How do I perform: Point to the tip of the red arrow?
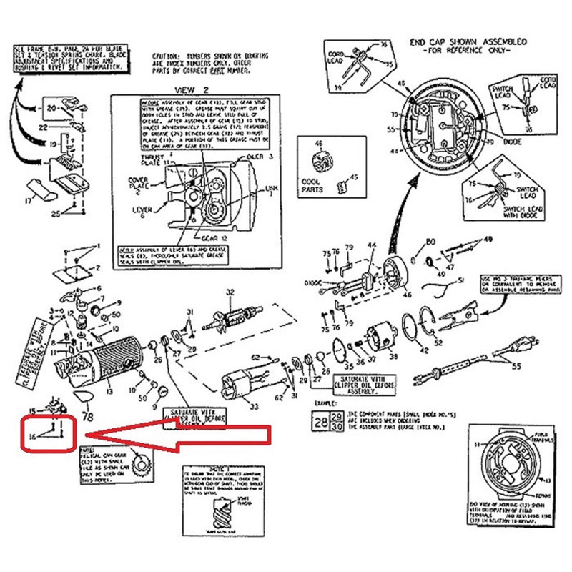[x=84, y=435]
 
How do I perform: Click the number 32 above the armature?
[x=230, y=292]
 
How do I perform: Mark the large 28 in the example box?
[x=317, y=421]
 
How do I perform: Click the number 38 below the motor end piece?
[x=393, y=356]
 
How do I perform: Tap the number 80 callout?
[x=431, y=240]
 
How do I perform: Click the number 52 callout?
[x=438, y=342]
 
